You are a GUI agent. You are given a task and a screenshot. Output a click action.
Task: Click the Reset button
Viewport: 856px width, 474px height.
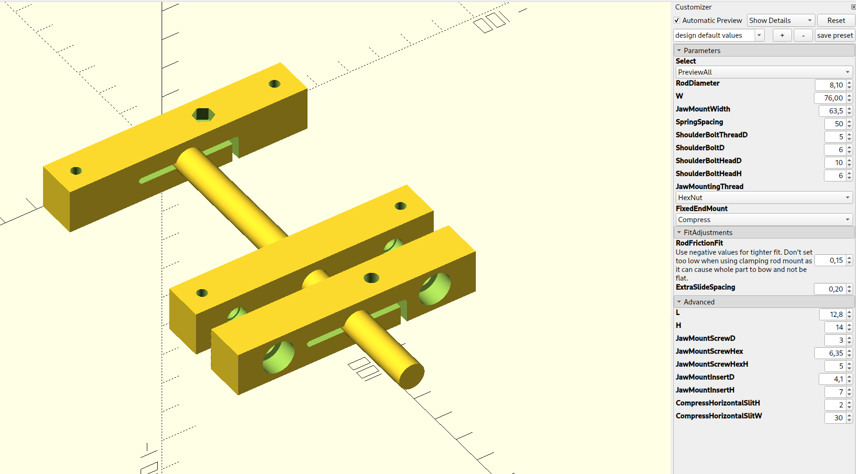click(836, 21)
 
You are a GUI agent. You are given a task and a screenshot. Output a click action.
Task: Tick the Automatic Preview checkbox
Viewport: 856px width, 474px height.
click(677, 21)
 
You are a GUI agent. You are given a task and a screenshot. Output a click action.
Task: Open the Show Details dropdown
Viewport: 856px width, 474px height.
click(780, 21)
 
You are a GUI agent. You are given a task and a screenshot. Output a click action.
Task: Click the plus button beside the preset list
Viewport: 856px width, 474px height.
click(782, 35)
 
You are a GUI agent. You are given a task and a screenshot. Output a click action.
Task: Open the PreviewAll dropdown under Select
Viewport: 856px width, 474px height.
click(764, 72)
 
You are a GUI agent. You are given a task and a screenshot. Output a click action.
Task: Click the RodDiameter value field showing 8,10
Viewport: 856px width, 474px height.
click(830, 85)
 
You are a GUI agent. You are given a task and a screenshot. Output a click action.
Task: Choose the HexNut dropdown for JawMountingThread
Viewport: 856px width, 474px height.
click(764, 198)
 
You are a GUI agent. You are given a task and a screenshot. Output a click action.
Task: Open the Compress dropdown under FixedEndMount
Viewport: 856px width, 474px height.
click(764, 220)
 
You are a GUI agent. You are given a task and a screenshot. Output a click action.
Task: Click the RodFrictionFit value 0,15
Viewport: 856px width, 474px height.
click(830, 260)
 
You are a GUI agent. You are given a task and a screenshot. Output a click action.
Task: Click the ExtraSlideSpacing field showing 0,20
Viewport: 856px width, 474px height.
click(830, 289)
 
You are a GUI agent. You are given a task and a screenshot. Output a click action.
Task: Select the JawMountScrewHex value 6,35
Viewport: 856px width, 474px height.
click(830, 353)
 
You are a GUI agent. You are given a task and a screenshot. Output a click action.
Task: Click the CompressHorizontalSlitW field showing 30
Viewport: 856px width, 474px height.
click(834, 418)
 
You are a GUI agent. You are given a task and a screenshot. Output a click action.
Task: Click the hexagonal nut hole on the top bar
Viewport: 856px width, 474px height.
click(203, 114)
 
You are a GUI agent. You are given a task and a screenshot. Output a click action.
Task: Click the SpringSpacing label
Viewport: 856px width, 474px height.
click(699, 122)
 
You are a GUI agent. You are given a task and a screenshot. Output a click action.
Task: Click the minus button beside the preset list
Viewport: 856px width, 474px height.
click(803, 35)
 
